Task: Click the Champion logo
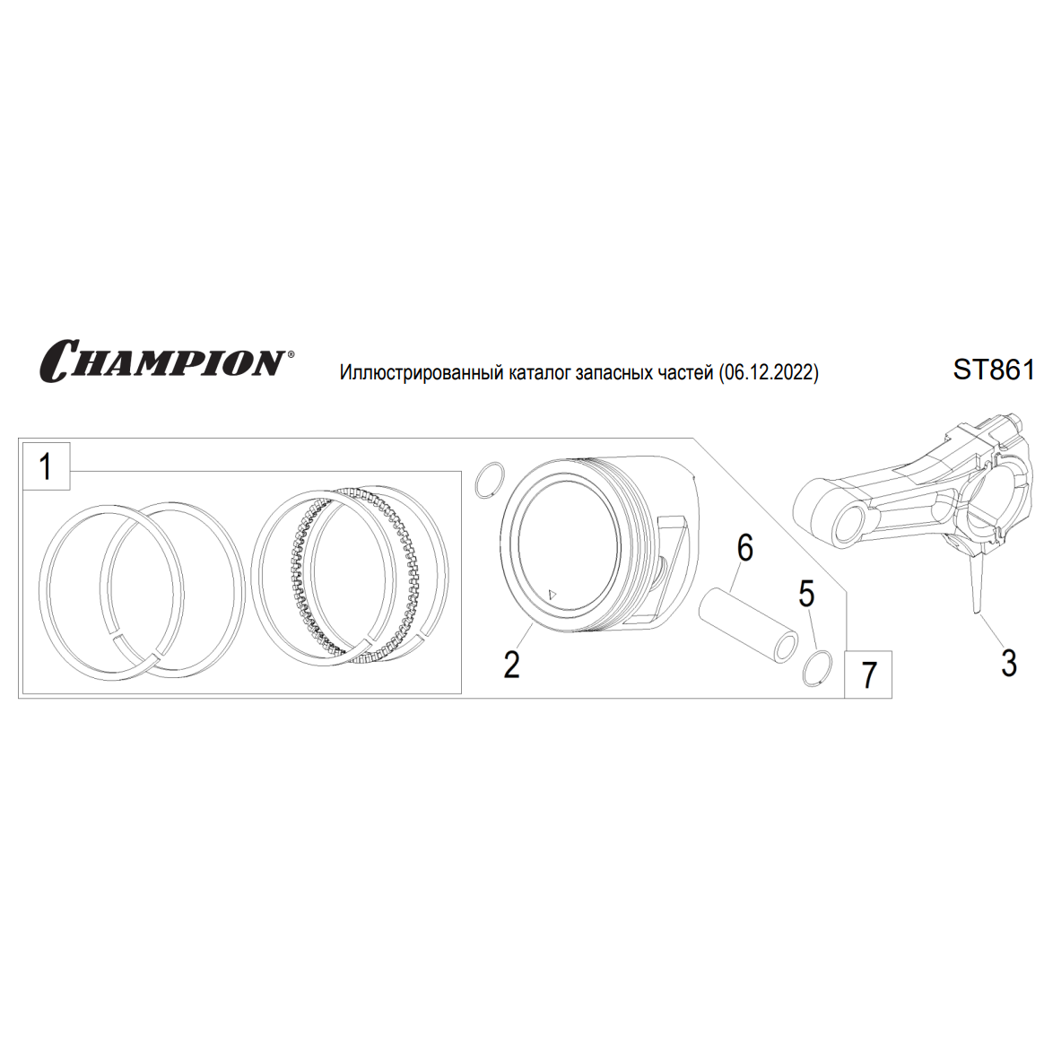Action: pos(163,361)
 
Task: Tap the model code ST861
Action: pos(994,370)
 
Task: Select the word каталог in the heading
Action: pos(539,373)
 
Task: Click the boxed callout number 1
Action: pos(45,466)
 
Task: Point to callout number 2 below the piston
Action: pos(511,664)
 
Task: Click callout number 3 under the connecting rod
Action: pos(1009,663)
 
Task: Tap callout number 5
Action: pos(806,594)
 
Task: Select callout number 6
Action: pos(745,548)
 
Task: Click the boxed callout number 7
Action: pos(869,675)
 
